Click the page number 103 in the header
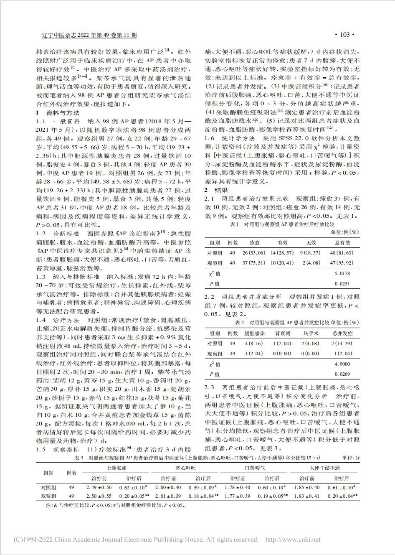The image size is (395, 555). (x=344, y=35)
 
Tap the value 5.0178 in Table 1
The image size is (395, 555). (x=342, y=273)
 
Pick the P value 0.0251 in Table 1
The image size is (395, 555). (x=342, y=284)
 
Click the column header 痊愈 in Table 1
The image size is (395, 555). (x=254, y=243)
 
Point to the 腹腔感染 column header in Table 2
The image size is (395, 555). (x=254, y=334)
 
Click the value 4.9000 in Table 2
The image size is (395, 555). (x=342, y=364)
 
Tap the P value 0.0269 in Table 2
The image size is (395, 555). (x=342, y=374)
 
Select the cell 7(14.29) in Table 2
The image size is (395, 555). (x=342, y=344)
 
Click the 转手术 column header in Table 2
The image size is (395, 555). (x=311, y=334)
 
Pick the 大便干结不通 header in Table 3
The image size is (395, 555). (x=324, y=468)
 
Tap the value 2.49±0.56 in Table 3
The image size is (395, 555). (x=99, y=487)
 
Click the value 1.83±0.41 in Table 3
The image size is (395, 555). (x=307, y=496)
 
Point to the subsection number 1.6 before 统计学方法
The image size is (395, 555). (x=209, y=139)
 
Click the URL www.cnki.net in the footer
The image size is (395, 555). (x=297, y=540)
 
